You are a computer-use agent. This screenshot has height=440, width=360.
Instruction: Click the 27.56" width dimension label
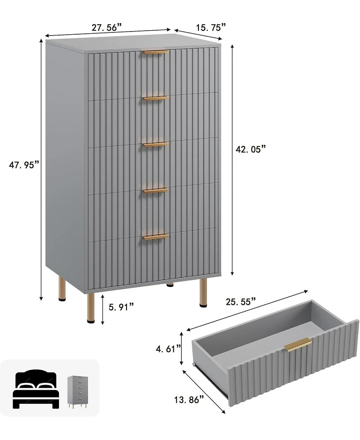pos(107,27)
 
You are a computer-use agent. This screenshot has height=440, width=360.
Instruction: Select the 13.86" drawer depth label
pos(189,399)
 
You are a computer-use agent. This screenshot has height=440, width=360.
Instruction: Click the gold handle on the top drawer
pos(156,52)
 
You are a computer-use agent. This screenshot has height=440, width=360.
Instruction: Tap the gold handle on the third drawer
pos(156,145)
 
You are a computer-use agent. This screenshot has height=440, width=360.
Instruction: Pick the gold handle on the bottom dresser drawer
pos(156,236)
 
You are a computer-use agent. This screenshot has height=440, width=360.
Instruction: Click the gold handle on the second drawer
pos(156,98)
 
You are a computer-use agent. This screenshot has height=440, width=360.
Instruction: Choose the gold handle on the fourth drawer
pos(156,191)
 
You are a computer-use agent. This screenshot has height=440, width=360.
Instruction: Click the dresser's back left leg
pos(62,289)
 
